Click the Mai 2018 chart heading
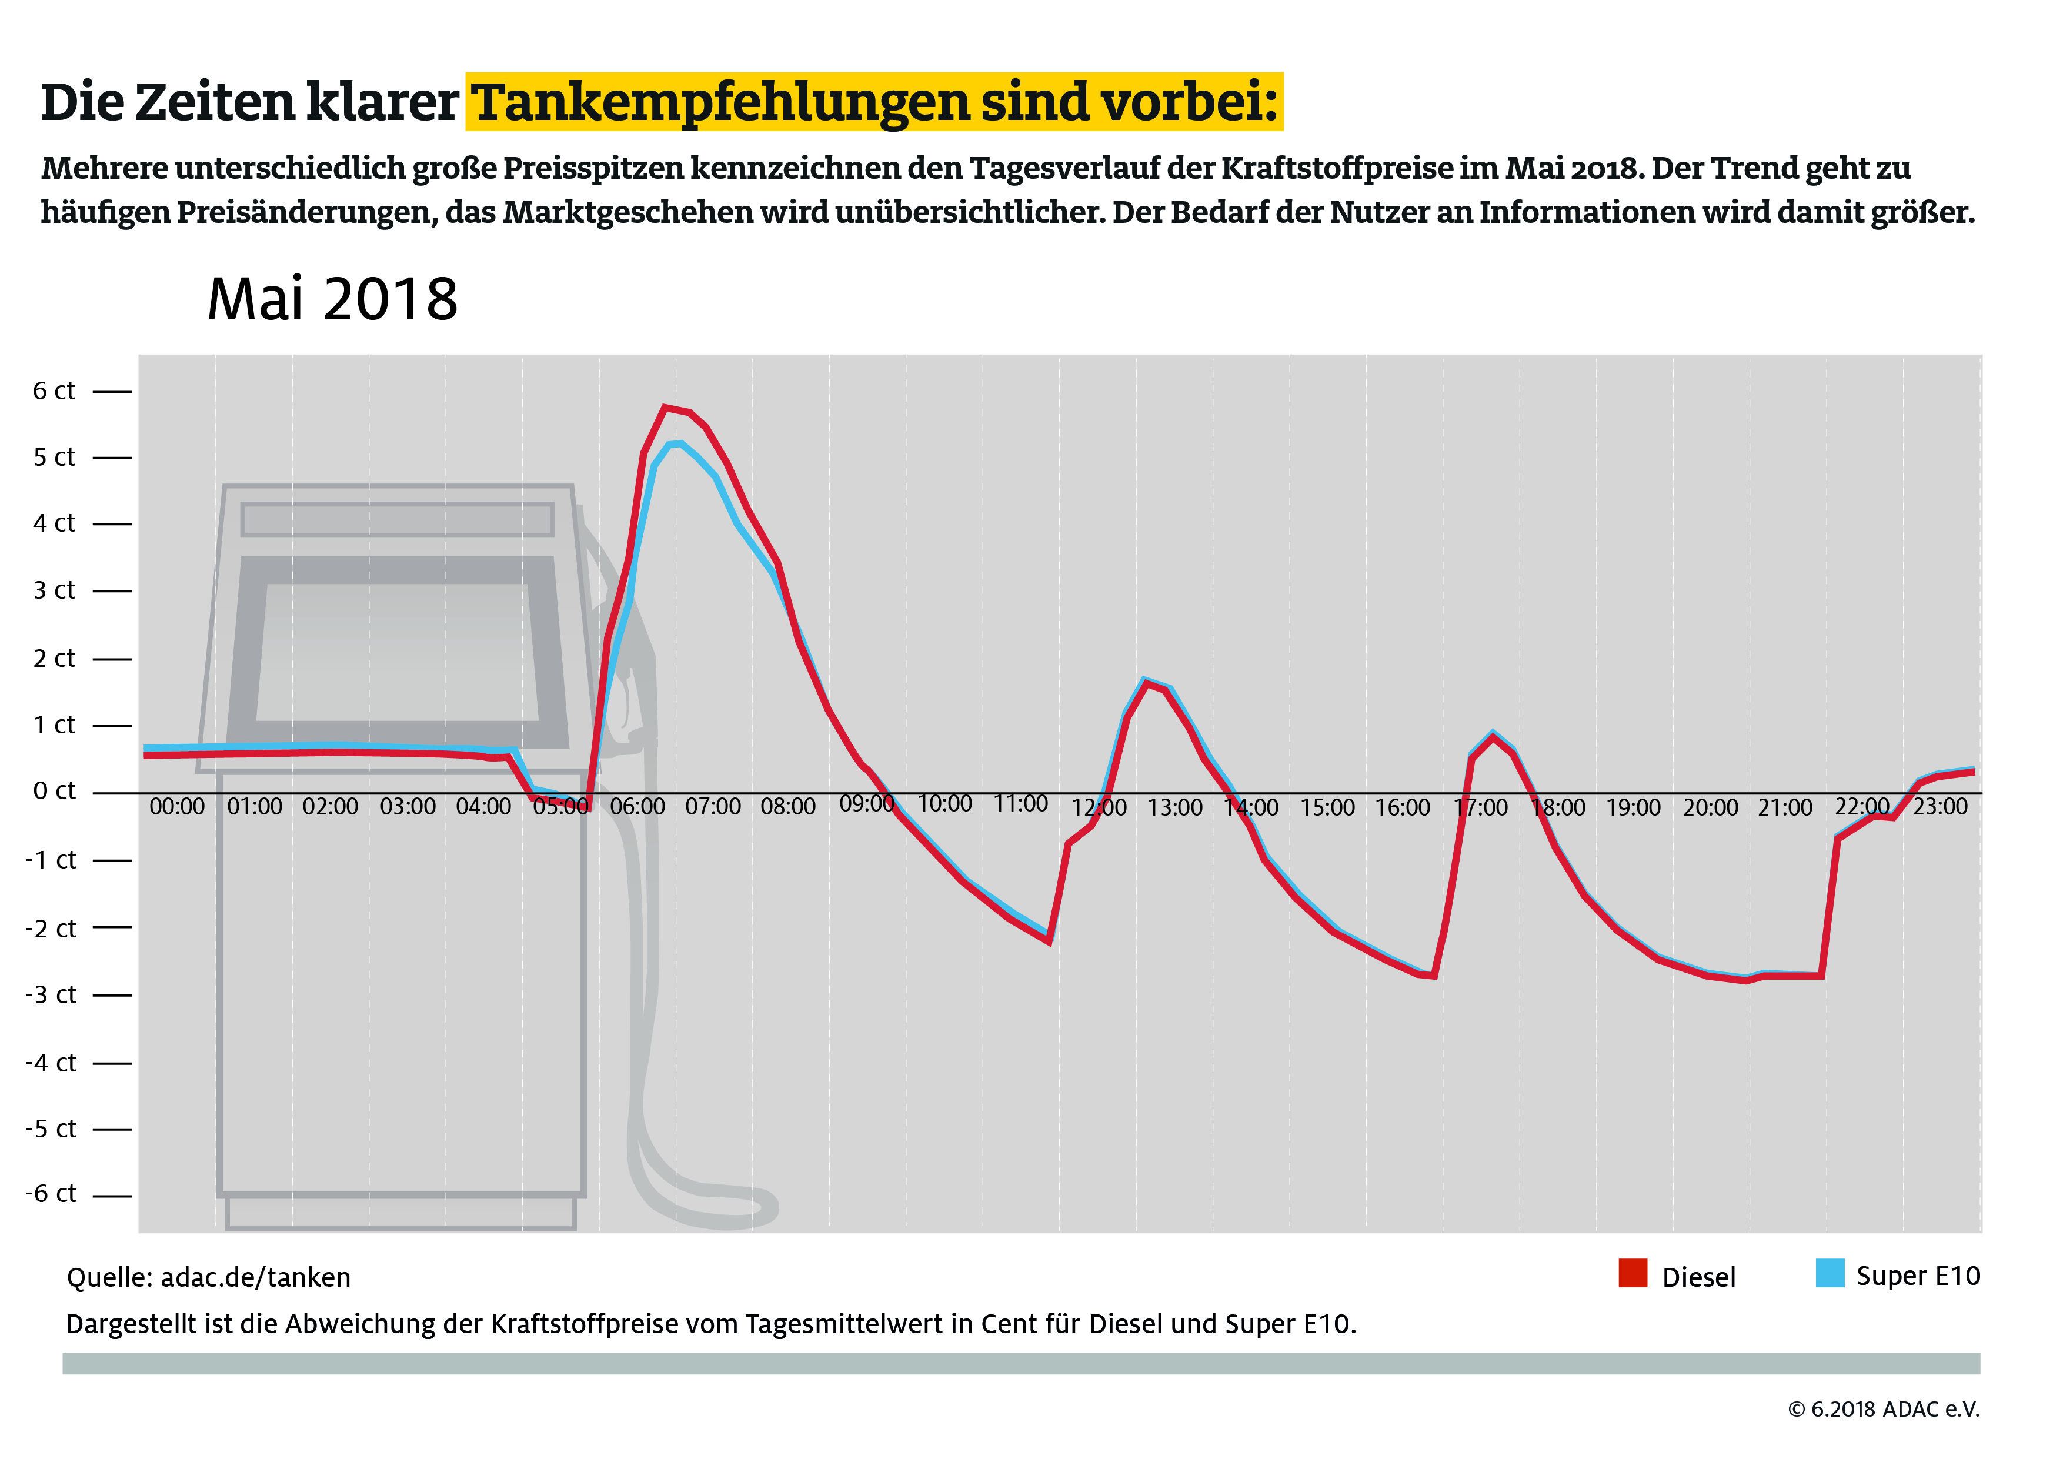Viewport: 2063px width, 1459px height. [332, 299]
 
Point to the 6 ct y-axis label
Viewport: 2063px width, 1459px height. [54, 391]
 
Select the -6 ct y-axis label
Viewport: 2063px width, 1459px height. [51, 1194]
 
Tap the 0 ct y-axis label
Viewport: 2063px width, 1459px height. [54, 792]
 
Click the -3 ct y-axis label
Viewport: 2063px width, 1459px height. [51, 994]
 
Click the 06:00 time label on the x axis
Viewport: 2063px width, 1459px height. [637, 807]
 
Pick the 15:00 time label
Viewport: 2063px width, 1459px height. [1327, 807]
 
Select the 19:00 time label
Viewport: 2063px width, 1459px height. [1633, 807]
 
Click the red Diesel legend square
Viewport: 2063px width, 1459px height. [1633, 1273]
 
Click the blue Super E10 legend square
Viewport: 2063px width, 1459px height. [1830, 1273]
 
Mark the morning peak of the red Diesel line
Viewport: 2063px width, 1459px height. [666, 408]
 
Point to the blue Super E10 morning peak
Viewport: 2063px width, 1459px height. [679, 443]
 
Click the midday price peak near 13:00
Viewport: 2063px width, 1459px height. [1145, 681]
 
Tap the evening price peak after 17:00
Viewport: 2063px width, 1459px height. [1493, 735]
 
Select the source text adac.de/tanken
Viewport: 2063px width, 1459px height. [255, 1277]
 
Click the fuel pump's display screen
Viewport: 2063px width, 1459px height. [397, 652]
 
